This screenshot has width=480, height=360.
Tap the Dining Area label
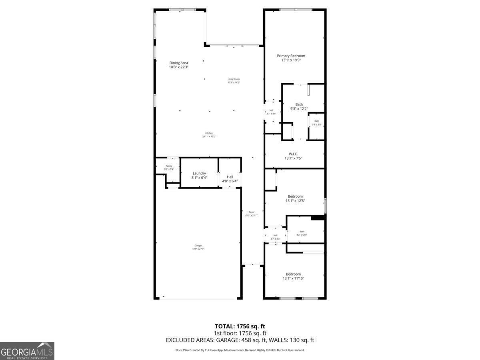pos(178,63)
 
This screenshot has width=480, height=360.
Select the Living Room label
pos(234,79)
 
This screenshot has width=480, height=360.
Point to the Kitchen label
pos(209,133)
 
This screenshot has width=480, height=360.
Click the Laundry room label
pos(199,173)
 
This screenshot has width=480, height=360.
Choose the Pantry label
pos(169,166)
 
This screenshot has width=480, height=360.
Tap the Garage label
pos(198,246)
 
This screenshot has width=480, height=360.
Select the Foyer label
pos(252,212)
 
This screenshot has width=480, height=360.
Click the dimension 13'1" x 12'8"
pos(295,201)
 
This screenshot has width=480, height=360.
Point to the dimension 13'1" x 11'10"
pos(293,278)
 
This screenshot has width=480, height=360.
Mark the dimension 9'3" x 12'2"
pos(299,108)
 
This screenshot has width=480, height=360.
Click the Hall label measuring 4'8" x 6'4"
pos(230,177)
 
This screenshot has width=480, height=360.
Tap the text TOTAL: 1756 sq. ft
pos(240,326)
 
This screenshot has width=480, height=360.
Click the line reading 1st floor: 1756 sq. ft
pos(240,333)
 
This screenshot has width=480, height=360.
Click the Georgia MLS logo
pos(27,351)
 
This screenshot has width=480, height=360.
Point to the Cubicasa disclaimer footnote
pos(240,350)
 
